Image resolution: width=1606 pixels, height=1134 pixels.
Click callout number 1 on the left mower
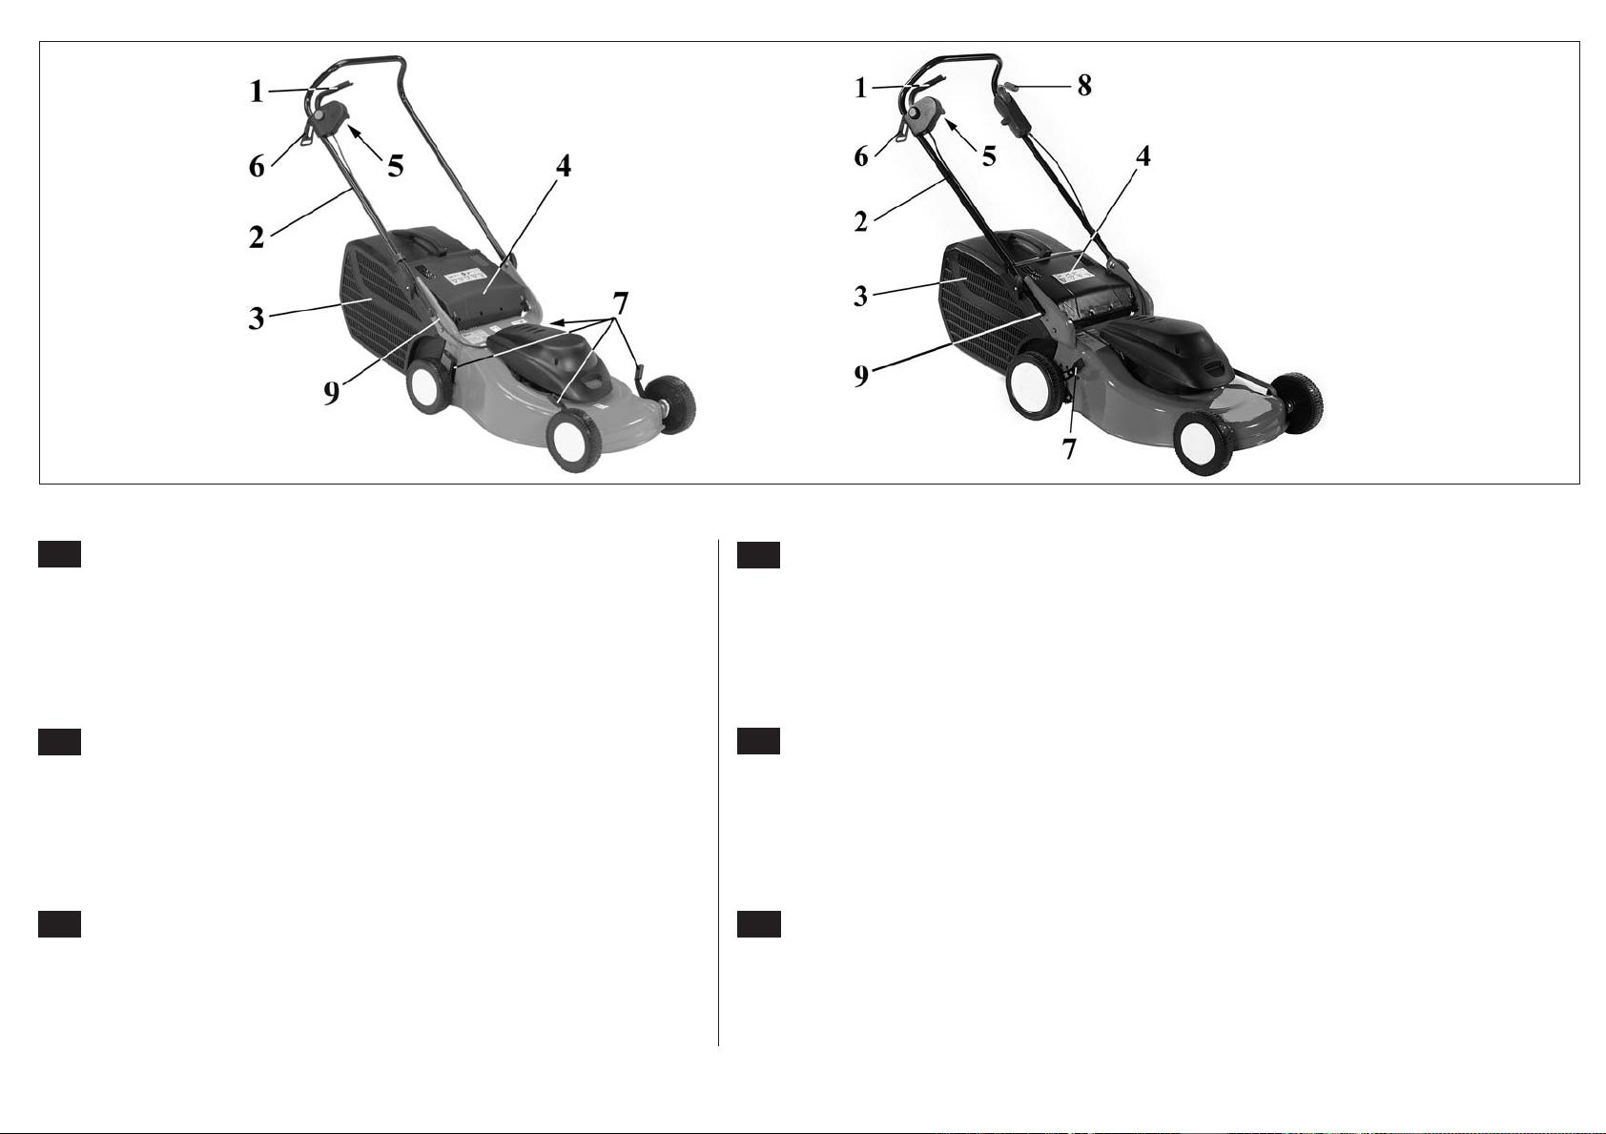256,92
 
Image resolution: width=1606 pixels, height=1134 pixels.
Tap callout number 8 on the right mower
1084,86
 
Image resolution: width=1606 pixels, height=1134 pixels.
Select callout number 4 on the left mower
564,166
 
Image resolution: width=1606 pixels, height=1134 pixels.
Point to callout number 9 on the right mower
861,376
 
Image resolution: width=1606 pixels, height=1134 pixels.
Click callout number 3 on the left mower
256,319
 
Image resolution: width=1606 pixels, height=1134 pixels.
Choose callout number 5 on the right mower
989,156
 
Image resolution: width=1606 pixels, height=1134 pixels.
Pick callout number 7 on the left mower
620,303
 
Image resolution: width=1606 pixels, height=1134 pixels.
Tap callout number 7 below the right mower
1069,449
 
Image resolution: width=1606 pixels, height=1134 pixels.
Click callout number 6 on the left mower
256,166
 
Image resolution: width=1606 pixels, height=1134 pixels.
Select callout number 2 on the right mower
860,221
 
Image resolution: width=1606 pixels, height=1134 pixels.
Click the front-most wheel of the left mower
574,440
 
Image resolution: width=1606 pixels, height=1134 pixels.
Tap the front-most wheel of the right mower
1204,443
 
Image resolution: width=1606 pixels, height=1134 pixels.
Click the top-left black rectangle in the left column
59,554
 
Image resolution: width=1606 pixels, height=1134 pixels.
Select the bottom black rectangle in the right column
758,925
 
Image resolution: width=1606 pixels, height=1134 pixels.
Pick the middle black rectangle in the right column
758,742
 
